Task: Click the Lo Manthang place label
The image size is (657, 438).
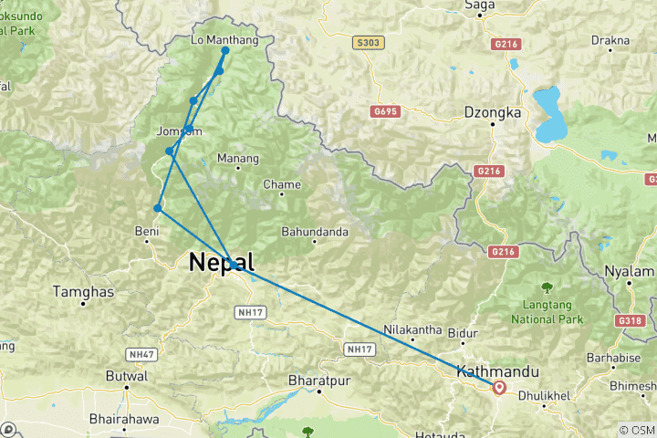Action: coord(224,40)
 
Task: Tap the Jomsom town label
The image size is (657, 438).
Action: coord(179,131)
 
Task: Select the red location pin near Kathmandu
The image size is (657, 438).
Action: coord(499,388)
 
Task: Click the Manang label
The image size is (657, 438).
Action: coord(237,159)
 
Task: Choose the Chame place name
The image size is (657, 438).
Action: coord(281,184)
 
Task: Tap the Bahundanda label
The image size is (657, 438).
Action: coord(315,232)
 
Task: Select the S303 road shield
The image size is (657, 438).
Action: coord(365,43)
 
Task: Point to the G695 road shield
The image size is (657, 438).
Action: coord(386,110)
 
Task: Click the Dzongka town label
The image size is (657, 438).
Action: coord(492,113)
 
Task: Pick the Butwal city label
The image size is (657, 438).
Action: coord(127,376)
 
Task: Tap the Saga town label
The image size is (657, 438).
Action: coord(479,5)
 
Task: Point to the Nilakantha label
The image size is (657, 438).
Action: coord(413,329)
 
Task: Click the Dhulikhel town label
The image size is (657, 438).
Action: coord(544,397)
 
